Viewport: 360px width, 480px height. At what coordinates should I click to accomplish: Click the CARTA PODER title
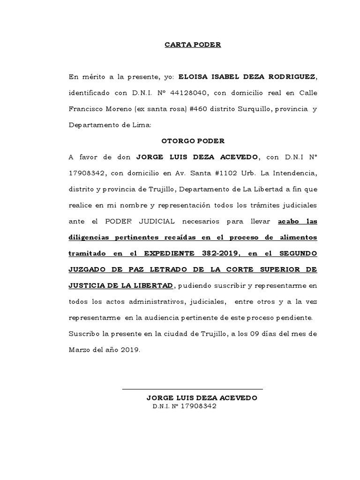click(x=192, y=45)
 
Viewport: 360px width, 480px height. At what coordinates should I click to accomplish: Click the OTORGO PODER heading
click(x=193, y=141)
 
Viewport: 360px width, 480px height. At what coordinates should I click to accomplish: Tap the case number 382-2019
click(x=220, y=254)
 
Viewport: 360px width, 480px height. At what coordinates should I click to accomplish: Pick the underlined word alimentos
click(x=295, y=238)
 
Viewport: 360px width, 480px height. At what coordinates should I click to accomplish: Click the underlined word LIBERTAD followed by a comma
click(x=152, y=286)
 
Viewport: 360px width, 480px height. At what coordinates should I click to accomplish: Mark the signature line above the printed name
click(x=192, y=389)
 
